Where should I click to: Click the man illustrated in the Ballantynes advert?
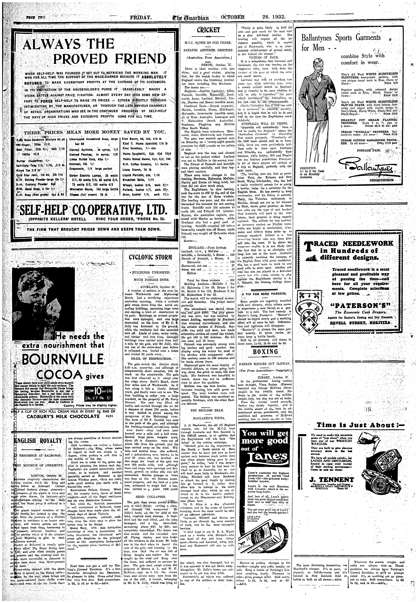317,97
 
